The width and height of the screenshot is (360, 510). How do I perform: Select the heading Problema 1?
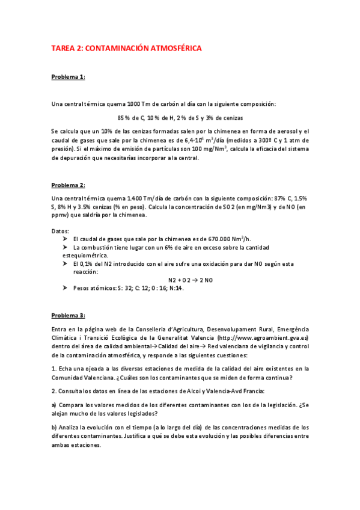click(68, 77)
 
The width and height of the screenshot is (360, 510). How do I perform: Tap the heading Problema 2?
click(68, 185)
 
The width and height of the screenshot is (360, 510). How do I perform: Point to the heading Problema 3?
click(68, 315)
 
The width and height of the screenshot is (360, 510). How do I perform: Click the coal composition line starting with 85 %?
click(180, 117)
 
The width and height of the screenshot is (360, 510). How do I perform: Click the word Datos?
click(60, 231)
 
